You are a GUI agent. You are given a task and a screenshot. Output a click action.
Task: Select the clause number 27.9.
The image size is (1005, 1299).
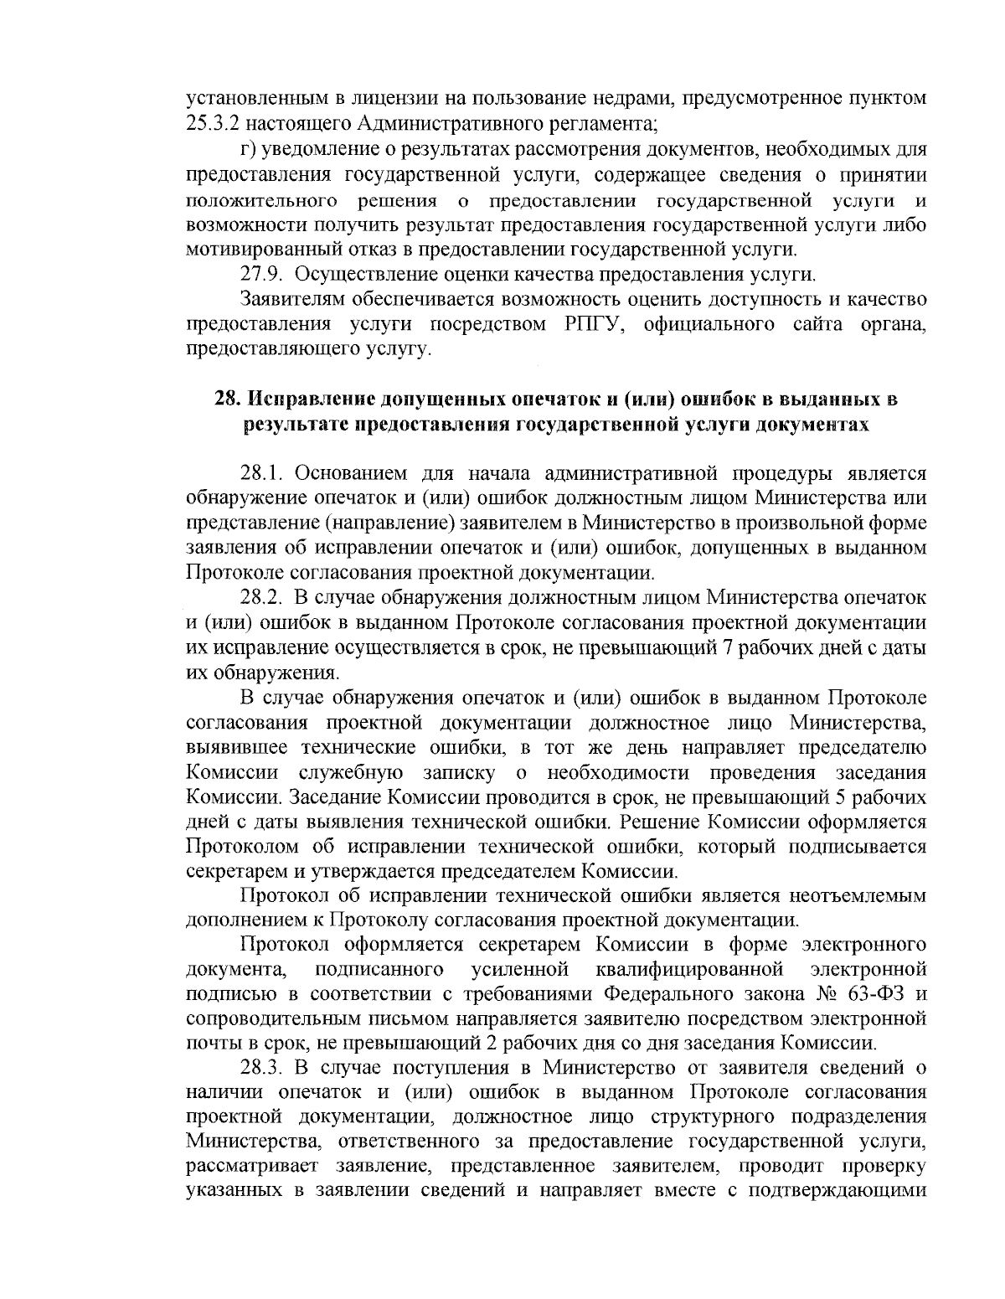260,274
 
